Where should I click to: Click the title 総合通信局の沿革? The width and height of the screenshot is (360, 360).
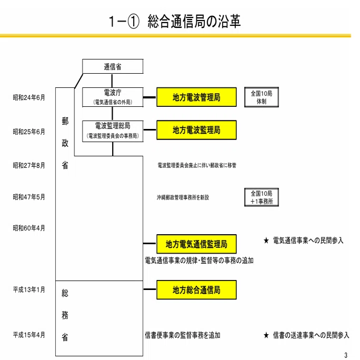tap(194, 22)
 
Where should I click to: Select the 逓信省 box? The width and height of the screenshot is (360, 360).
tap(113, 66)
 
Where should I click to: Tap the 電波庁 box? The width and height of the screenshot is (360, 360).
tap(113, 97)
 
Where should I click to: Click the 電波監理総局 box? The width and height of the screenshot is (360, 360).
tap(113, 131)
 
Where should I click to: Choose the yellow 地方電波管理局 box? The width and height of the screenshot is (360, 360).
tap(196, 97)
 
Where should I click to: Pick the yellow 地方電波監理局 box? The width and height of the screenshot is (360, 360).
tap(196, 130)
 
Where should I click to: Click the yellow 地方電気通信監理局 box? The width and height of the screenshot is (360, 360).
tap(196, 244)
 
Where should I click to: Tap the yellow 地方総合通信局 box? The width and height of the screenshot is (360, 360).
tap(196, 290)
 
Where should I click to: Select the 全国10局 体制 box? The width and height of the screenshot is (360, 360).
tap(262, 97)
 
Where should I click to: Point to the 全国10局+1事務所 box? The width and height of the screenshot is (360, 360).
tap(262, 197)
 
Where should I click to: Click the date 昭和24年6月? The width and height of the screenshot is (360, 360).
tap(29, 97)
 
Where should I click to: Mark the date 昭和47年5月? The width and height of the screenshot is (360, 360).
tap(29, 197)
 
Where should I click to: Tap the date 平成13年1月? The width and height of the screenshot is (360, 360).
tap(29, 290)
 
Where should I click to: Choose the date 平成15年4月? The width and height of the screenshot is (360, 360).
tap(29, 335)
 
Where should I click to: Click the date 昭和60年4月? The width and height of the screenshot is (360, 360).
tap(29, 228)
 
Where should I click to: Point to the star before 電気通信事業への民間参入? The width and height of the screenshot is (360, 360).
tap(266, 241)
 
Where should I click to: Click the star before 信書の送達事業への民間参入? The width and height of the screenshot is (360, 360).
tap(266, 335)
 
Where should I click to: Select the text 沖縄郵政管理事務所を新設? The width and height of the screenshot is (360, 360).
tap(183, 197)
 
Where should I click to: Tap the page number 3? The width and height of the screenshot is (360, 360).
tap(346, 355)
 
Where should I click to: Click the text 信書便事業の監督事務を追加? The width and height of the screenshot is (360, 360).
tap(183, 335)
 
